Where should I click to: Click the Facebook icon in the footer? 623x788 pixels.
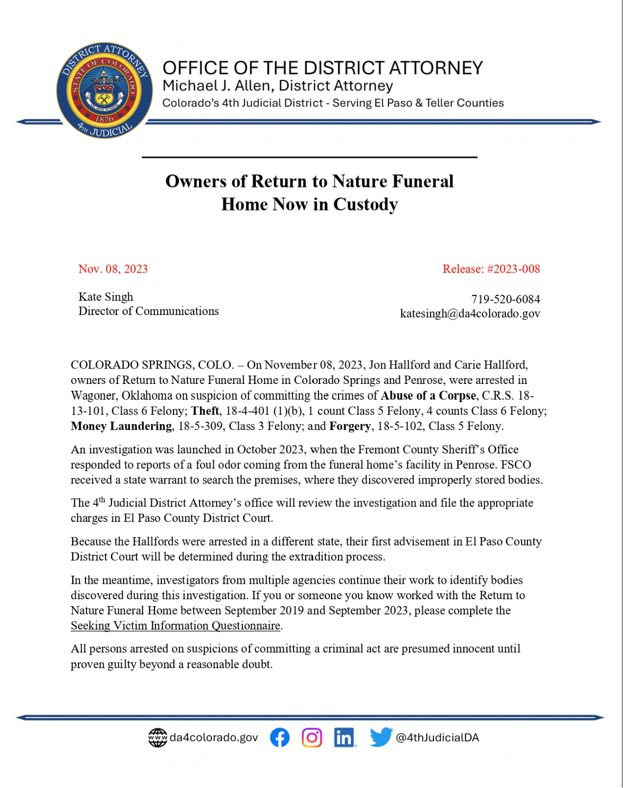(x=280, y=737)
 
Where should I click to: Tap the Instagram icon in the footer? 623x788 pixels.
(x=312, y=737)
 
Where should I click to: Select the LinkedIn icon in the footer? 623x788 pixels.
(x=344, y=737)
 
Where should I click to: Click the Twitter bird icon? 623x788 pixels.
(x=381, y=737)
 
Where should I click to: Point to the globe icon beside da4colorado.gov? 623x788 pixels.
(x=158, y=737)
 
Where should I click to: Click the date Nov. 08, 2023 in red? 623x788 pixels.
(x=113, y=269)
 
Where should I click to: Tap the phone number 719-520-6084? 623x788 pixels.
(x=505, y=299)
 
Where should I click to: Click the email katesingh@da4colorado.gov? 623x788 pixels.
(x=470, y=313)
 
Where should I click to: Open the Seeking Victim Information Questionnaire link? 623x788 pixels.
(x=176, y=626)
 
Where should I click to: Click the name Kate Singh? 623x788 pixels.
(x=106, y=297)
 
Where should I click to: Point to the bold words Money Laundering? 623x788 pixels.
(x=122, y=426)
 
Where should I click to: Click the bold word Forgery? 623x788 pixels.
(x=350, y=426)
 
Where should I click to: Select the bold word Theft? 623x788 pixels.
(x=205, y=411)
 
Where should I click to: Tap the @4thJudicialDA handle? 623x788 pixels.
(x=437, y=738)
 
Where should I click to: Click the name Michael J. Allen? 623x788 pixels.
(x=218, y=86)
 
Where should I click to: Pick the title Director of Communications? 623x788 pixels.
(x=149, y=311)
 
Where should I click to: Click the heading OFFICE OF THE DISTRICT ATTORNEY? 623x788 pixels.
(x=323, y=68)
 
